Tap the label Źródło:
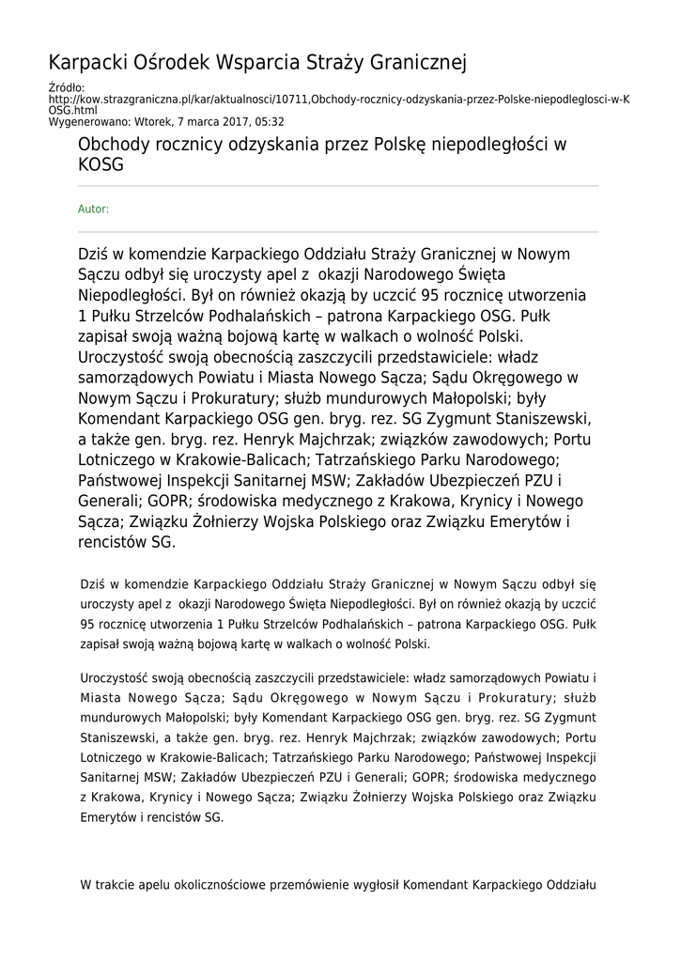(66, 88)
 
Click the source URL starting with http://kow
(338, 100)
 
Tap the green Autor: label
(93, 209)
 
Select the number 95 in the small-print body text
(88, 624)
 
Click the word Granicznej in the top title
(413, 64)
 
